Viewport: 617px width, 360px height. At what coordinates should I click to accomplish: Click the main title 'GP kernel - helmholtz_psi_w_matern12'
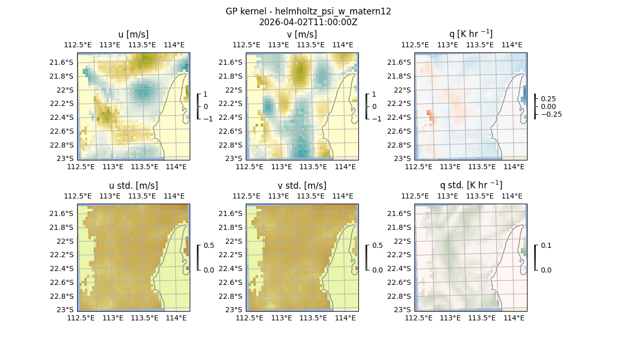[308, 11]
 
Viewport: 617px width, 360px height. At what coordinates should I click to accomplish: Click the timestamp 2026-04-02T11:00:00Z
[308, 22]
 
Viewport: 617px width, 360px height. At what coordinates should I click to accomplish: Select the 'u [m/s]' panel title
[133, 34]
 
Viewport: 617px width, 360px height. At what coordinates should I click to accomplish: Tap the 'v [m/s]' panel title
[302, 34]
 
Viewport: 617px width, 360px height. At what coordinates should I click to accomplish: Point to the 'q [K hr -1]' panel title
[470, 34]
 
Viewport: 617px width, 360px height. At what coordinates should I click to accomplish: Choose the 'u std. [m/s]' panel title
[133, 186]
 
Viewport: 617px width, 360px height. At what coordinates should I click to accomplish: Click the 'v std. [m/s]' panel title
[302, 186]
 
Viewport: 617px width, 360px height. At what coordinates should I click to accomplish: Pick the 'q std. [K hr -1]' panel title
[470, 185]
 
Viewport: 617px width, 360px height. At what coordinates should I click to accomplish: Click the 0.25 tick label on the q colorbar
[549, 99]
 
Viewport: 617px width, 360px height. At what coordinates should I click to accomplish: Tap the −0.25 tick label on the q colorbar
[551, 114]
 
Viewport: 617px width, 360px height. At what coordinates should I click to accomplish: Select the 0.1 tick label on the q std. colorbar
[546, 245]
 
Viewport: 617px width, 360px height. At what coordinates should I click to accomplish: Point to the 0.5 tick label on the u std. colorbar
[209, 245]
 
